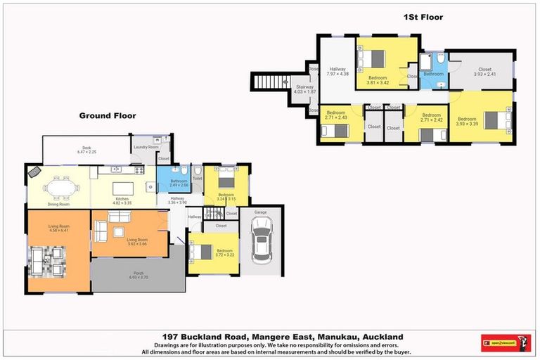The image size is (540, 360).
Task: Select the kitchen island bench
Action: pyautogui.click(x=122, y=188)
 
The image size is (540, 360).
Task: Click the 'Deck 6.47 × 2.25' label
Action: pyautogui.click(x=86, y=150)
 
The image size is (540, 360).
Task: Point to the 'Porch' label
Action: pyautogui.click(x=139, y=275)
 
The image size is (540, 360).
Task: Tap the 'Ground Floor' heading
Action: pyautogui.click(x=107, y=116)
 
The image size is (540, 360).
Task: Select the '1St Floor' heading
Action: pyautogui.click(x=423, y=17)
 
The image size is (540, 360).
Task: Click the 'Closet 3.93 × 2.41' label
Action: pyautogui.click(x=484, y=72)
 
